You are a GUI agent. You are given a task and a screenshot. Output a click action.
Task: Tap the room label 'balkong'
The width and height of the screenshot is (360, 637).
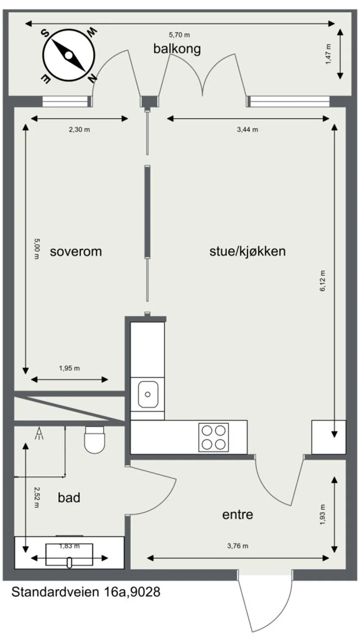tap(177, 49)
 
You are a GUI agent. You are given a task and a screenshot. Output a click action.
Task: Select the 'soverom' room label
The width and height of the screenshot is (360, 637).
tap(76, 252)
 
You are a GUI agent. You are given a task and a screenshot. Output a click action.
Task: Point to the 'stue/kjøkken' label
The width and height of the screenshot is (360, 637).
tap(247, 251)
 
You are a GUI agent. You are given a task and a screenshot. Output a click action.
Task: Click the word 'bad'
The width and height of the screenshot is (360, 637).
tap(69, 498)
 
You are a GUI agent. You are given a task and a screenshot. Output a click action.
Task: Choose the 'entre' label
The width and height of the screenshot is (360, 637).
tap(238, 515)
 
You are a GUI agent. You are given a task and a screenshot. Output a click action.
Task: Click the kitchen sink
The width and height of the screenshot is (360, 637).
tap(148, 395)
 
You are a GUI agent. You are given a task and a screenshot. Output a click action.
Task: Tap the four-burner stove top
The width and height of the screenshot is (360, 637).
tap(213, 437)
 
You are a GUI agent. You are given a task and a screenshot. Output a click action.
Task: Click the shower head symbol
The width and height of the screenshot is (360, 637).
tap(39, 434)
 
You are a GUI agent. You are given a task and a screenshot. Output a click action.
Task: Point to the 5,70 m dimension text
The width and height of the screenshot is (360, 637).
tap(179, 35)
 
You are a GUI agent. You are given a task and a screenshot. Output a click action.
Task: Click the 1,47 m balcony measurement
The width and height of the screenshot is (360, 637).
tap(328, 54)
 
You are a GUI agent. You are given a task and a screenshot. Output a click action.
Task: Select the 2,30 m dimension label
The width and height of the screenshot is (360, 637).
tap(79, 130)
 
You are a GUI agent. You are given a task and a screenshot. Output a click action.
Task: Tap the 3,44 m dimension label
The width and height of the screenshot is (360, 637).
tap(247, 130)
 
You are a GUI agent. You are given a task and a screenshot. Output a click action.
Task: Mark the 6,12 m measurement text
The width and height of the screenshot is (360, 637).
tap(322, 281)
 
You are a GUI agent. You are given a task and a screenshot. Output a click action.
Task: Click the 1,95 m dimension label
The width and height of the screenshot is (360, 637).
tap(69, 368)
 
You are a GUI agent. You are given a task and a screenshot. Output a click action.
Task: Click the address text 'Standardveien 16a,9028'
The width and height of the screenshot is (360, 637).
tap(86, 592)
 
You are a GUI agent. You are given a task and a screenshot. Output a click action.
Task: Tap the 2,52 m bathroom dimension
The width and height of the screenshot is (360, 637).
tap(37, 498)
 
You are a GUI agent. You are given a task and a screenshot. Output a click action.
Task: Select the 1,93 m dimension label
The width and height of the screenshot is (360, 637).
tap(322, 515)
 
